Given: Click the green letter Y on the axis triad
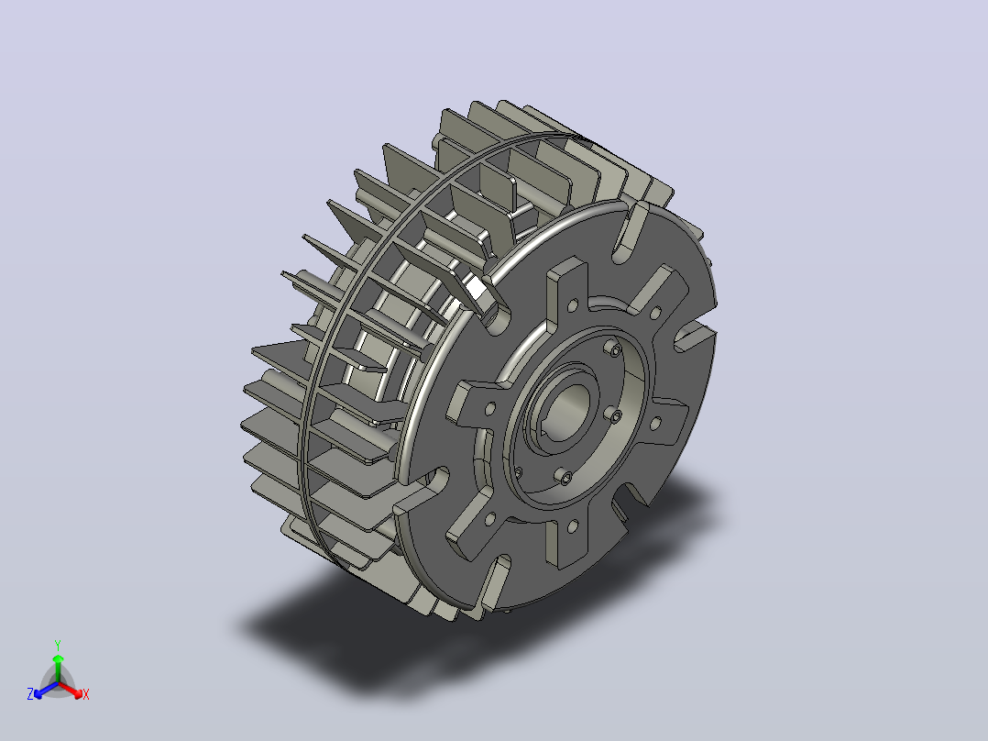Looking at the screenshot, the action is tap(58, 645).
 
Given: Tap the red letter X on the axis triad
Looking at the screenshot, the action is tap(86, 694).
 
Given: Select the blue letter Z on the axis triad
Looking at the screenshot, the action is tap(30, 694).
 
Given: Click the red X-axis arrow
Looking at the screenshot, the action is tap(71, 690).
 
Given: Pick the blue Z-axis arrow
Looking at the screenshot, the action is tap(46, 690).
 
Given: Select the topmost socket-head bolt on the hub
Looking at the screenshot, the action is tap(614, 348).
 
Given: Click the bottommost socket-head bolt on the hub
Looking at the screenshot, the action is tap(565, 478).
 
